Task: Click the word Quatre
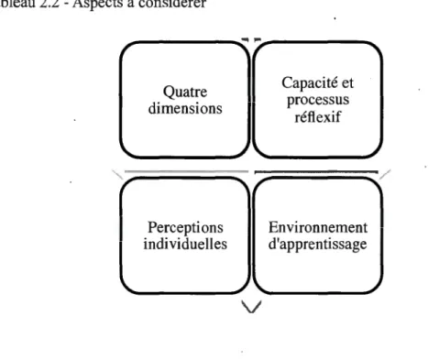tap(185, 92)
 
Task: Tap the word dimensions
tap(185, 108)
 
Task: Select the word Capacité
tap(309, 83)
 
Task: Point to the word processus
tap(318, 101)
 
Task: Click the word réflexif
tap(317, 116)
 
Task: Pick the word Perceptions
tap(185, 228)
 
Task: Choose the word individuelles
tap(185, 244)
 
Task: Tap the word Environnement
tap(318, 227)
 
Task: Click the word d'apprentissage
tap(317, 245)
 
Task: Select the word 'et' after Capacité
tap(347, 83)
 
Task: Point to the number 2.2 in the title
tap(49, 3)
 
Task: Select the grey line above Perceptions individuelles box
tap(186, 171)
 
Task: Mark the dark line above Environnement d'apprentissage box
tap(316, 172)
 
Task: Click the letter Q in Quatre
tap(169, 92)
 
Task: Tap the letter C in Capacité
tap(288, 82)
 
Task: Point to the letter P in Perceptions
tap(152, 227)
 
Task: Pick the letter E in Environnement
tap(273, 227)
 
